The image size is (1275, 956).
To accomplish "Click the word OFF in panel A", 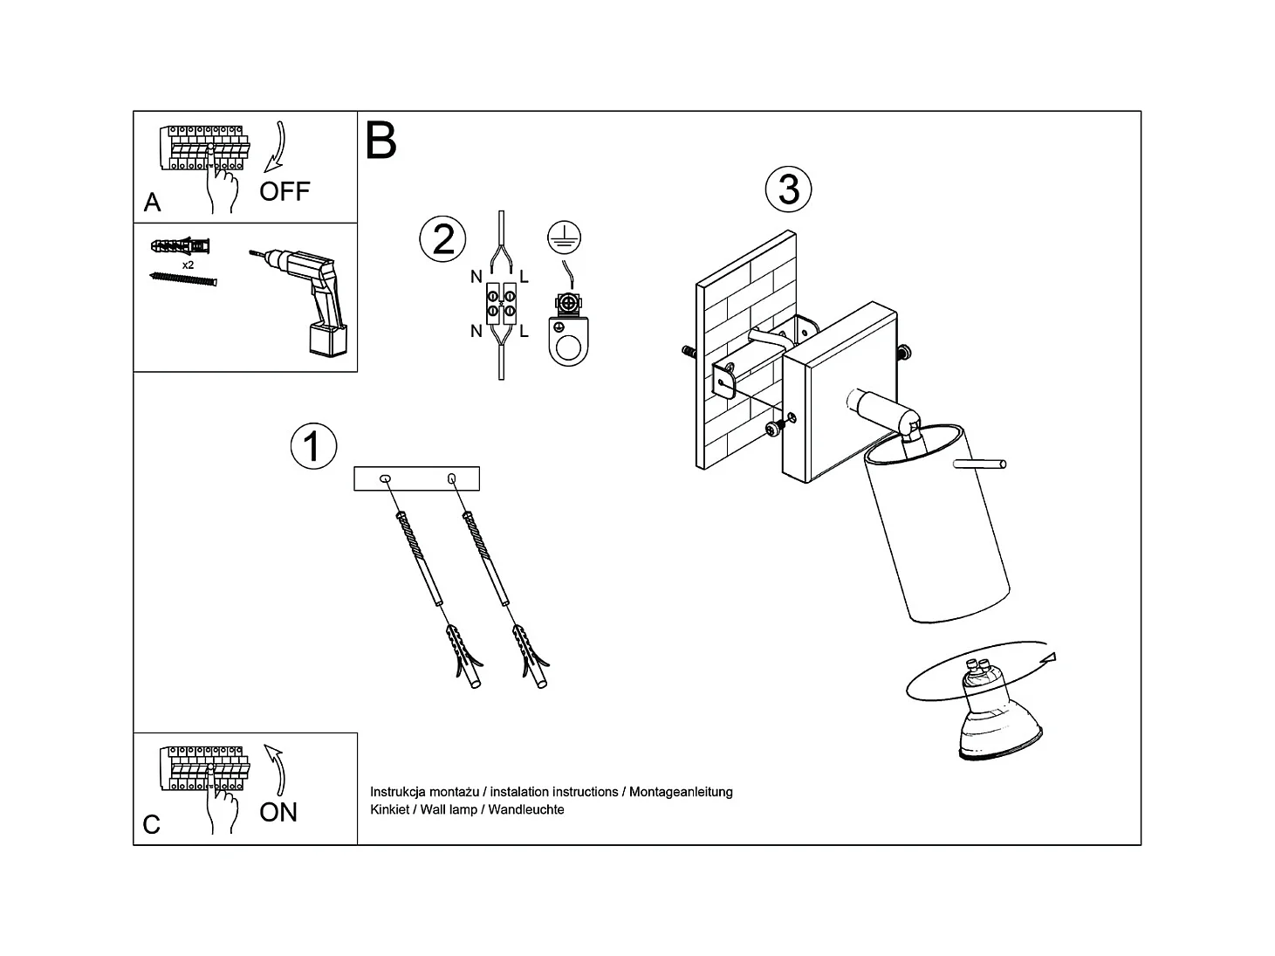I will (284, 191).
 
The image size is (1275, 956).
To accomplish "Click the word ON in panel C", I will (278, 812).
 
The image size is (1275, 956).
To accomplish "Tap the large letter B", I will (381, 141).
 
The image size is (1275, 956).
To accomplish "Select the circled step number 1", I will (312, 446).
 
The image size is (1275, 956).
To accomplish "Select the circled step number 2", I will (443, 239).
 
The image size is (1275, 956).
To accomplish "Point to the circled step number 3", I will (788, 189).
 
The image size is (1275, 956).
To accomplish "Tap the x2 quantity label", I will (188, 264).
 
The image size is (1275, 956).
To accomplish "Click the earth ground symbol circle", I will (565, 237).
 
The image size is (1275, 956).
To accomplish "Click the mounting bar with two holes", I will (416, 478).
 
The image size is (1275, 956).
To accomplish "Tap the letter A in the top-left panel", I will (152, 203).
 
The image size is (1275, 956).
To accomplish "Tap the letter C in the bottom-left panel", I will (152, 825).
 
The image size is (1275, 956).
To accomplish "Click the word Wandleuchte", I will (526, 809).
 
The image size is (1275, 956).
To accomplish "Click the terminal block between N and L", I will (501, 304).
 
